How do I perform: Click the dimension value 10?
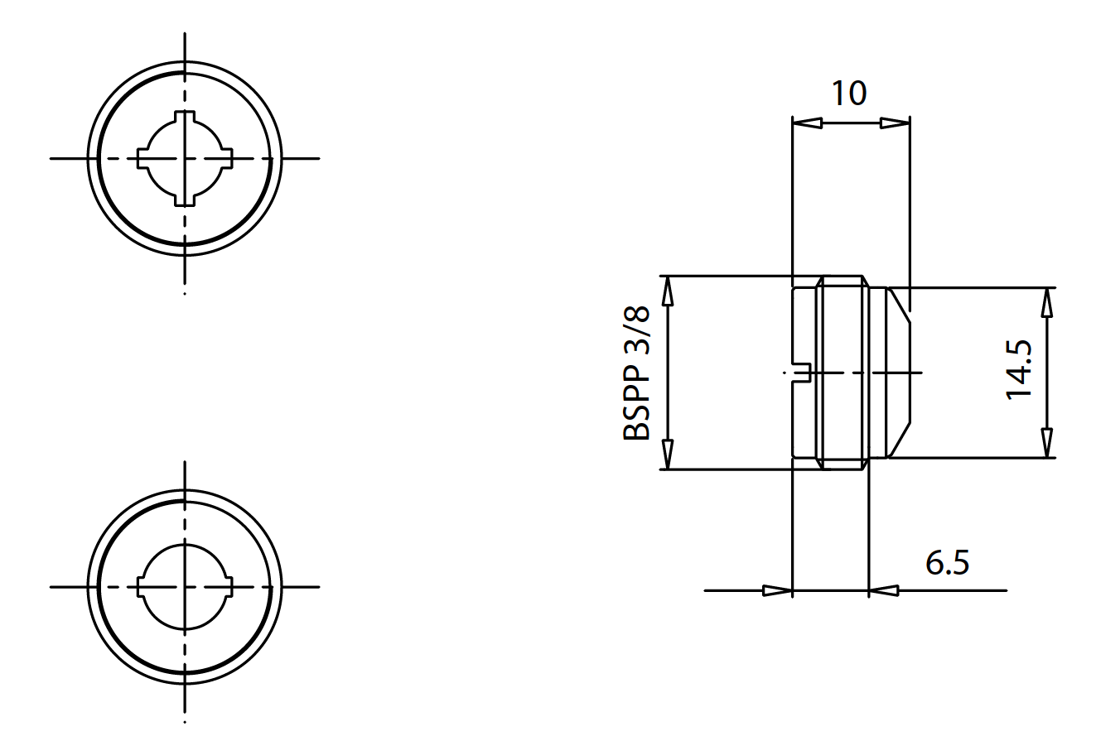click(849, 94)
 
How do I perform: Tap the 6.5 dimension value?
click(947, 563)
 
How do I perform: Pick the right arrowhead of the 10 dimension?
click(895, 123)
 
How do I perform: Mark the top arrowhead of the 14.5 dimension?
click(1047, 303)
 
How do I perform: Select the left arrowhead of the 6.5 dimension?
click(777, 590)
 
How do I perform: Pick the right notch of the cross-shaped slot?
click(226, 157)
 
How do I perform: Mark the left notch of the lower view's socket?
click(142, 586)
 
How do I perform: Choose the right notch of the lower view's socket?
click(226, 586)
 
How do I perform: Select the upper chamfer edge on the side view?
click(900, 306)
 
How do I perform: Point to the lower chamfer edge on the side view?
click(900, 440)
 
